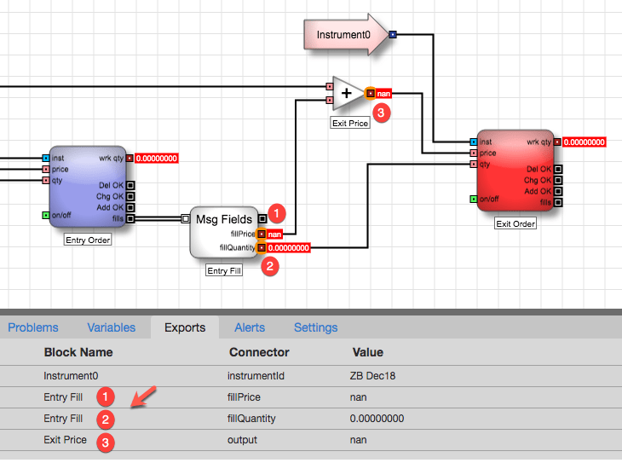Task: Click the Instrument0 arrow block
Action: coord(346,35)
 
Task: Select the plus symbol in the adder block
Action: coord(346,93)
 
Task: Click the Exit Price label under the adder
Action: coord(350,123)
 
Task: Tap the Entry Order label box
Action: coord(88,240)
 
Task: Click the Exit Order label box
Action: coord(515,223)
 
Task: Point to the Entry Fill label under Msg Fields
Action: coord(224,271)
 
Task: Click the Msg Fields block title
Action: coord(224,219)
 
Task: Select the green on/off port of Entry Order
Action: coord(46,215)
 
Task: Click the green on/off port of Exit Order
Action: coord(473,199)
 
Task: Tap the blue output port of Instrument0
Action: coord(393,35)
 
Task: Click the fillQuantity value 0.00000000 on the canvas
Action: coord(288,248)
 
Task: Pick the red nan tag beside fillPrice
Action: coord(274,234)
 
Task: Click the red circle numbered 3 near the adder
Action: coord(381,113)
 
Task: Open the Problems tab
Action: coord(33,327)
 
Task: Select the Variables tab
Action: coord(112,327)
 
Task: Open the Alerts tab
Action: coord(250,327)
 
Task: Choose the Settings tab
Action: coord(316,327)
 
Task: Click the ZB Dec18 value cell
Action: coord(372,376)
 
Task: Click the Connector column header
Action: coord(259,352)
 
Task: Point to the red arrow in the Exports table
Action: coord(144,396)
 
